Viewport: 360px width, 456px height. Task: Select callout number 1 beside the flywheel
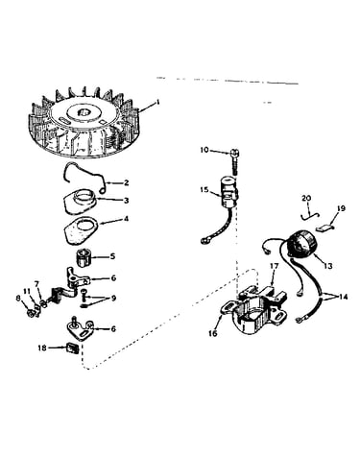[x=157, y=102]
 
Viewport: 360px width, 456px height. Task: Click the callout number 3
[x=127, y=201]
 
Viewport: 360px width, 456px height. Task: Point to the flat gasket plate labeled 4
[x=81, y=230]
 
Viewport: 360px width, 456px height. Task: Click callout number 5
[x=112, y=256]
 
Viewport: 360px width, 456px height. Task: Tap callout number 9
[x=113, y=299]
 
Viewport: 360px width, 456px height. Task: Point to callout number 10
[x=204, y=150]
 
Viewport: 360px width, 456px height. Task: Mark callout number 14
[x=343, y=297]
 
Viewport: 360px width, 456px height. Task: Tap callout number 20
[x=306, y=199]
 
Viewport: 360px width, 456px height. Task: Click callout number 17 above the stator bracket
[x=275, y=266]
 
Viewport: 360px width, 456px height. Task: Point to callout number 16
[x=213, y=333]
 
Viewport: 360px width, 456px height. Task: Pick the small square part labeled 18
[x=72, y=348]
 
